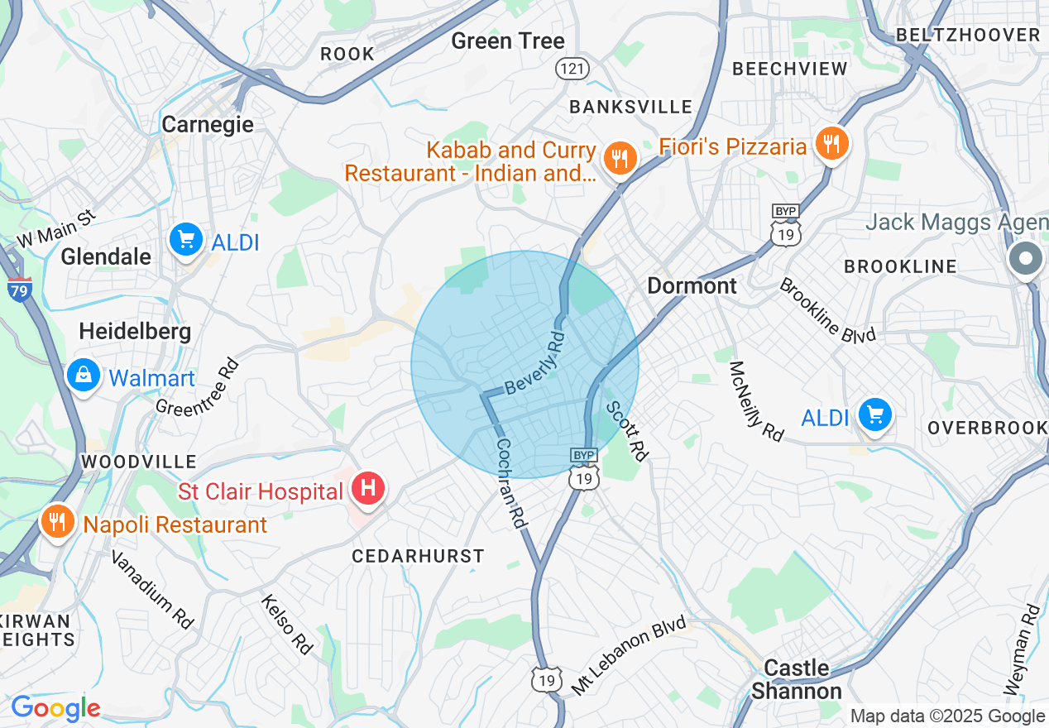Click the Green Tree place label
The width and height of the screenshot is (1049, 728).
click(508, 41)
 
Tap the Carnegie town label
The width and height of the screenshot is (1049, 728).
click(208, 125)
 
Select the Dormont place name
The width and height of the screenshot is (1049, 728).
click(692, 286)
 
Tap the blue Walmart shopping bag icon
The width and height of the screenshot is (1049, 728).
click(84, 375)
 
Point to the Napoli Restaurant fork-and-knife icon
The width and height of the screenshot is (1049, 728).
click(57, 521)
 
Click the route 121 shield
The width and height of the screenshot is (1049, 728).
click(572, 68)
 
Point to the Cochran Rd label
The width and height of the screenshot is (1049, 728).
click(511, 483)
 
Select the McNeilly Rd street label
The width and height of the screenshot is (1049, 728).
click(756, 401)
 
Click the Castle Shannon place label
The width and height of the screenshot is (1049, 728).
click(796, 679)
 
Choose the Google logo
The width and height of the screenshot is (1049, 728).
click(55, 708)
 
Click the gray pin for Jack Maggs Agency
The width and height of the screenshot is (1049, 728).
click(1026, 259)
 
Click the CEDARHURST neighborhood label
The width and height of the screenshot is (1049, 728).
click(418, 556)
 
